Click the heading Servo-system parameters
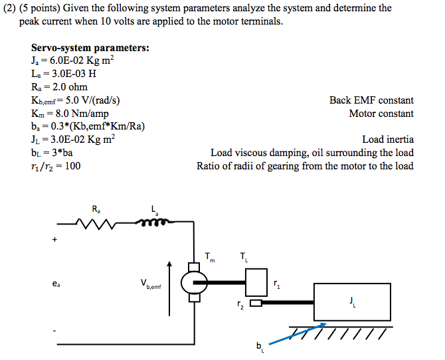click(x=90, y=48)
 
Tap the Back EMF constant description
click(x=371, y=100)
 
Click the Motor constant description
click(x=381, y=114)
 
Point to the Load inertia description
click(x=388, y=139)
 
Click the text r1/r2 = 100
click(x=56, y=166)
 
